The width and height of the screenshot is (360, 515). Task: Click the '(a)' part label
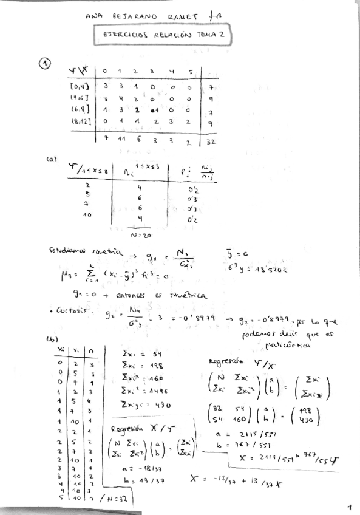52,160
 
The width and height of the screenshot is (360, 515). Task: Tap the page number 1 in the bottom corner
350,505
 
